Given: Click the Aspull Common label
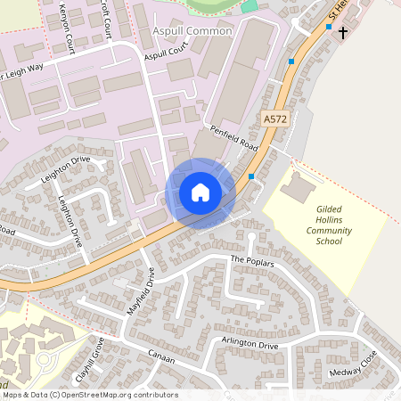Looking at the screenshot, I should pos(192,31).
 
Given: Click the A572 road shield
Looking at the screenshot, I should pos(274,118).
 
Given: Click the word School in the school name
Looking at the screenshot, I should pos(329,241).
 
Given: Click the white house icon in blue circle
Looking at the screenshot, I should pos(200,192).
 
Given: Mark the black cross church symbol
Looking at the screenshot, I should pos(342,32).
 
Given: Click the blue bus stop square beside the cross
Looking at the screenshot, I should pos(329,28).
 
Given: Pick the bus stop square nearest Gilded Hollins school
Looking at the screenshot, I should pos(252,176).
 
